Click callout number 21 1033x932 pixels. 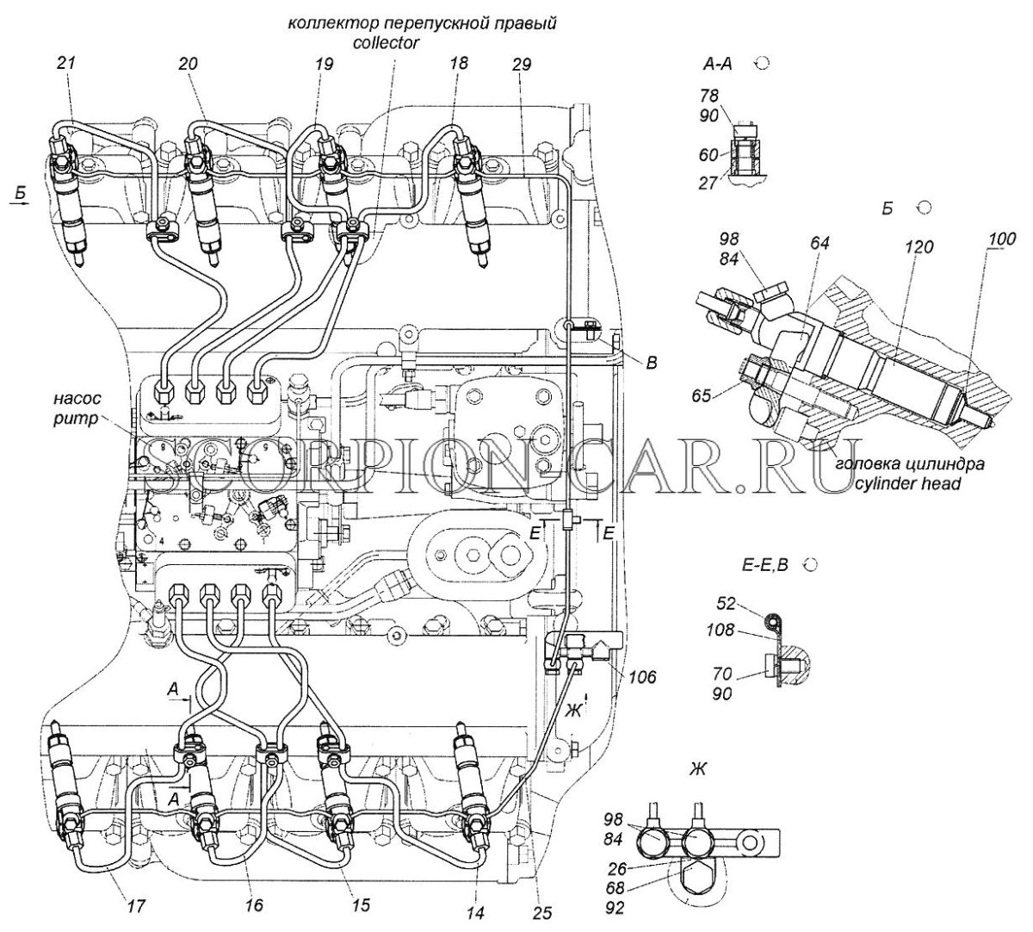(67, 64)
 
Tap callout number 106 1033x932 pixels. (641, 678)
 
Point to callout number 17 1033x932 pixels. (136, 905)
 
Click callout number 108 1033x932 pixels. (723, 630)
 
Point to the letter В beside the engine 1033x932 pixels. (651, 364)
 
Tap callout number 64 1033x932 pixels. (819, 244)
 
